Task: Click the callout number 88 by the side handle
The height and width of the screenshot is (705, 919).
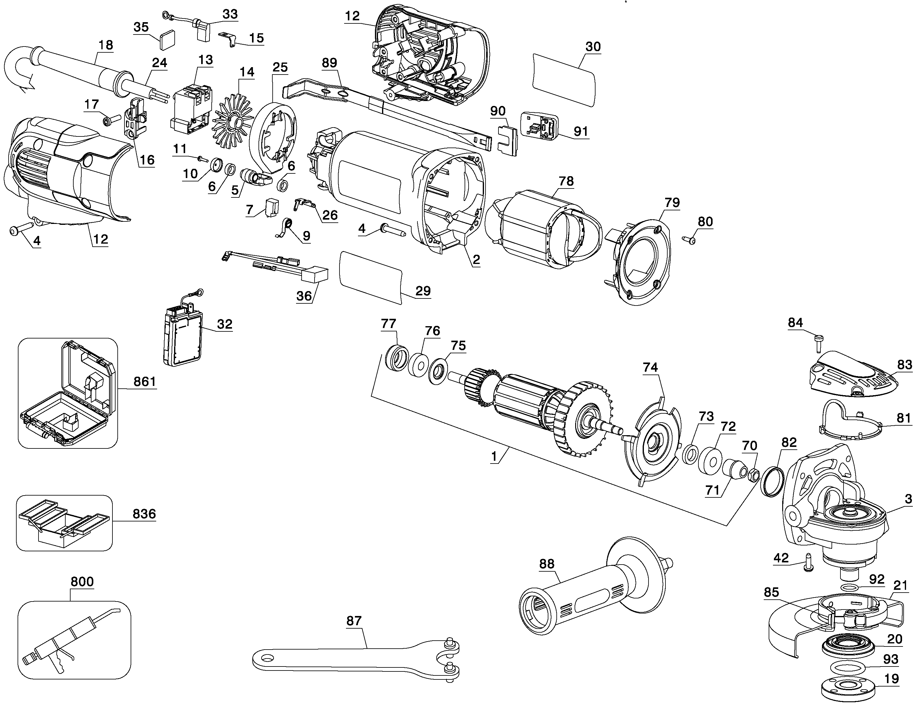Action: (x=547, y=564)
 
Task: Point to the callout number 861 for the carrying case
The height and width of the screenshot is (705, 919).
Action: (x=144, y=382)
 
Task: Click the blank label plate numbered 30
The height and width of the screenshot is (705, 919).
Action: (x=563, y=80)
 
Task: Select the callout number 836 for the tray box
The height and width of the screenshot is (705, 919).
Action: (x=144, y=514)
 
